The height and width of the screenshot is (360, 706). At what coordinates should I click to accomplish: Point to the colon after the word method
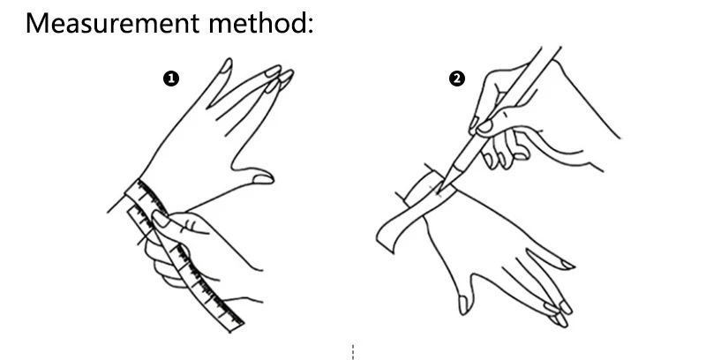tap(310, 26)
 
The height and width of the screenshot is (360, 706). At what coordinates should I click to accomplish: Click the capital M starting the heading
tap(37, 24)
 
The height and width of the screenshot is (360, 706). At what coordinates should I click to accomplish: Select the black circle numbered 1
tap(171, 79)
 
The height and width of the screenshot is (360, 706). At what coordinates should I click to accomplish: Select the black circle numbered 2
tap(457, 79)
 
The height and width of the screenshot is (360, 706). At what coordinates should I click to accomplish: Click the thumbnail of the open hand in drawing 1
tap(263, 178)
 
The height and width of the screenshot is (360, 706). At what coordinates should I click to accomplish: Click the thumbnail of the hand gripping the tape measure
tap(161, 219)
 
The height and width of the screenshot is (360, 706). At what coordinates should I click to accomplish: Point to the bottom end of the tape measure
tap(237, 327)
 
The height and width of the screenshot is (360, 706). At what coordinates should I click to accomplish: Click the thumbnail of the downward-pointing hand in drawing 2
tap(464, 304)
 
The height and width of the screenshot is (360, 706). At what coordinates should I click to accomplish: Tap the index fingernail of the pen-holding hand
tap(484, 126)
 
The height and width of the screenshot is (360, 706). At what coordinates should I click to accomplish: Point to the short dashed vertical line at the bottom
tap(353, 352)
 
